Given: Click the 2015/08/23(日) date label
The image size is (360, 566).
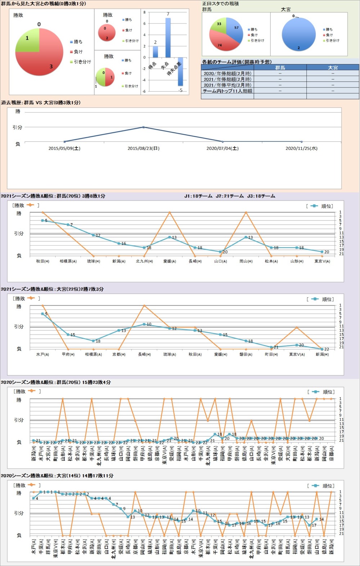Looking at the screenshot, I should (x=143, y=148).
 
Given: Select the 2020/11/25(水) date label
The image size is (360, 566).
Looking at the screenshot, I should (x=301, y=148).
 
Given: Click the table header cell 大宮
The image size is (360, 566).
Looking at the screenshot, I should (x=333, y=67).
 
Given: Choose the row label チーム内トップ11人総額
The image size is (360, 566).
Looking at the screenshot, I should (x=228, y=91).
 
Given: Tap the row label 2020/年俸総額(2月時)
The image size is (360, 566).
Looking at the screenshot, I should (x=228, y=73).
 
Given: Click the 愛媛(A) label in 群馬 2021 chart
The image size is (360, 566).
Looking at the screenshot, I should (x=170, y=261).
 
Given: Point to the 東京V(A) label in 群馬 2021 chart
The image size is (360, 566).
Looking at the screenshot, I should (x=322, y=261).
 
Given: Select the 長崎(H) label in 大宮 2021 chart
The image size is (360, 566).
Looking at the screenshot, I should (x=144, y=355).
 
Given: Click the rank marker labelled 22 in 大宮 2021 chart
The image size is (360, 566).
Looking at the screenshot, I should (x=322, y=349).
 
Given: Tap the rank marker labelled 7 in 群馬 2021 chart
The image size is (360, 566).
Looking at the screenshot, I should (x=68, y=224).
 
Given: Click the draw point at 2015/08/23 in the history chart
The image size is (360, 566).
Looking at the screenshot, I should (x=143, y=127).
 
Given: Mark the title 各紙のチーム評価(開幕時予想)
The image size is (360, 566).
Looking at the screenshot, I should (x=237, y=62).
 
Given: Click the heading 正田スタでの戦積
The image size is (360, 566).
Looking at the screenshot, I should (x=221, y=4).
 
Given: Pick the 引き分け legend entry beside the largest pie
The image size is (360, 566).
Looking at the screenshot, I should (x=82, y=62).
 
